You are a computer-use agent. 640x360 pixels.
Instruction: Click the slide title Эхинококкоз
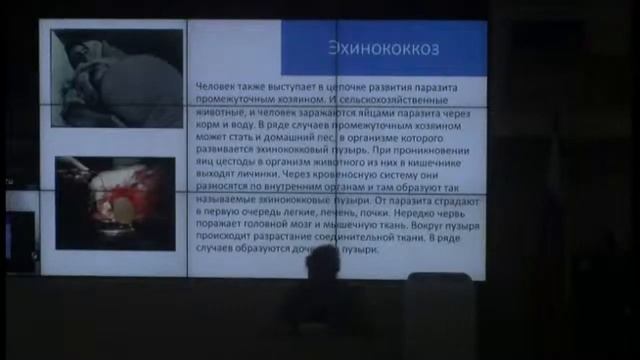(x=386, y=48)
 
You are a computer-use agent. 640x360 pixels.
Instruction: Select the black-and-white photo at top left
(x=118, y=77)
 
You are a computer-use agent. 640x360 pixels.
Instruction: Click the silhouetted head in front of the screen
(x=322, y=264)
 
